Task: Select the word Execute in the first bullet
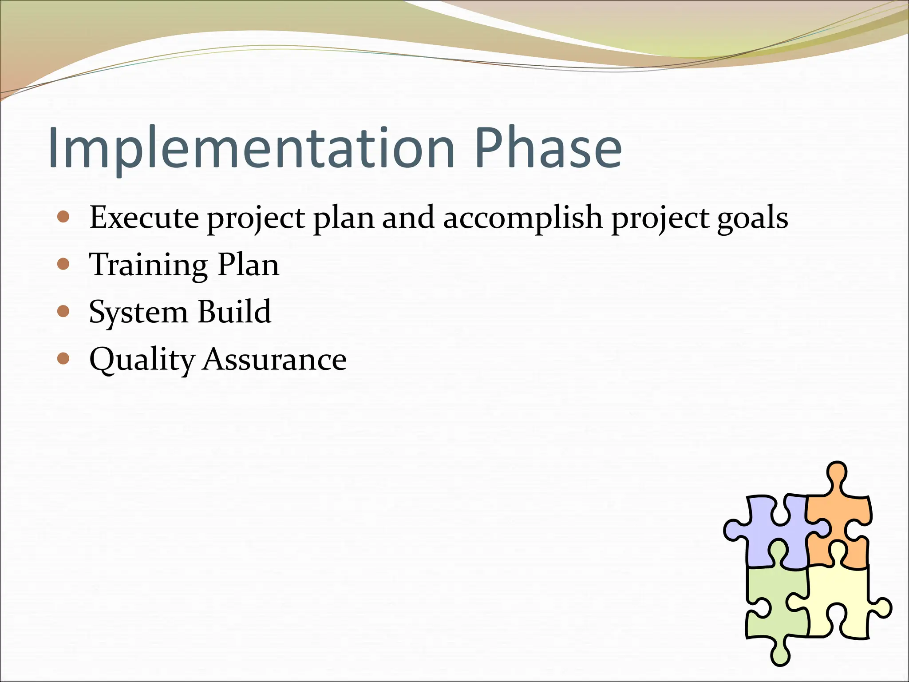click(144, 218)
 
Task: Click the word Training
click(148, 265)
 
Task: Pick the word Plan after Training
click(248, 265)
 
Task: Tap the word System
click(138, 312)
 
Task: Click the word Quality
click(142, 360)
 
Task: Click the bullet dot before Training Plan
click(64, 264)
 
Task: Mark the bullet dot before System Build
click(64, 311)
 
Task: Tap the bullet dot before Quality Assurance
click(64, 358)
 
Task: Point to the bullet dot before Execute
click(64, 217)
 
